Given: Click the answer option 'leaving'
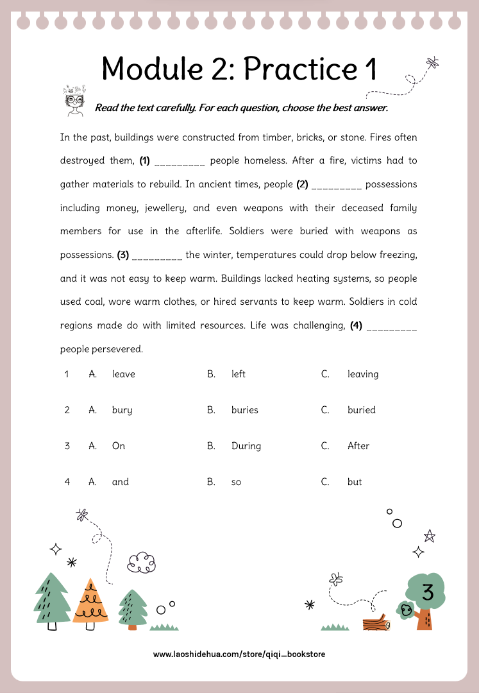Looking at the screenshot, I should (x=363, y=374).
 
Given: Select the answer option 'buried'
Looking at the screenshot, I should (x=362, y=410).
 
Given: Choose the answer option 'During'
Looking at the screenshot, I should (x=246, y=446).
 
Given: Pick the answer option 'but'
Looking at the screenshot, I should (x=355, y=482).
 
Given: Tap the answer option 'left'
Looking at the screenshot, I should (x=239, y=374).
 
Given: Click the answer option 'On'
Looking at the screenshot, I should (x=119, y=446).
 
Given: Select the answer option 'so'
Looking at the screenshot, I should (x=236, y=482).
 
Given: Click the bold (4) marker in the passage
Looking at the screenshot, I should (x=357, y=326).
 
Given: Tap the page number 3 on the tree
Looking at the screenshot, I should (x=428, y=592).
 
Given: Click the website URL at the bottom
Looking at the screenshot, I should (x=239, y=654).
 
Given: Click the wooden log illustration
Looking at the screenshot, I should (x=376, y=622).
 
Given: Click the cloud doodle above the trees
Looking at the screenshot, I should (x=141, y=563).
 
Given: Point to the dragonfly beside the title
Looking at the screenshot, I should (x=433, y=62).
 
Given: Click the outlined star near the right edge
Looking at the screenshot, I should (x=429, y=535).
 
